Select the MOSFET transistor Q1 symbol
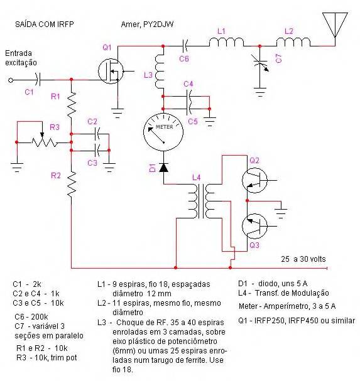(x=111, y=71)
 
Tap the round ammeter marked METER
(x=163, y=132)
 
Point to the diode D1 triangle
(x=163, y=168)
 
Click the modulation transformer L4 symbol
(x=201, y=201)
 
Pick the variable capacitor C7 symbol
(x=261, y=63)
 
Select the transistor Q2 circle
(x=254, y=180)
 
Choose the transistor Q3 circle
(x=254, y=226)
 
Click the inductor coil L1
(x=226, y=42)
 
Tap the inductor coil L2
(x=293, y=42)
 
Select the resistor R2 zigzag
(x=72, y=184)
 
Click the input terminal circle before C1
(x=11, y=80)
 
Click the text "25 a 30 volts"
(x=303, y=259)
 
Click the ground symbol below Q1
(x=117, y=113)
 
